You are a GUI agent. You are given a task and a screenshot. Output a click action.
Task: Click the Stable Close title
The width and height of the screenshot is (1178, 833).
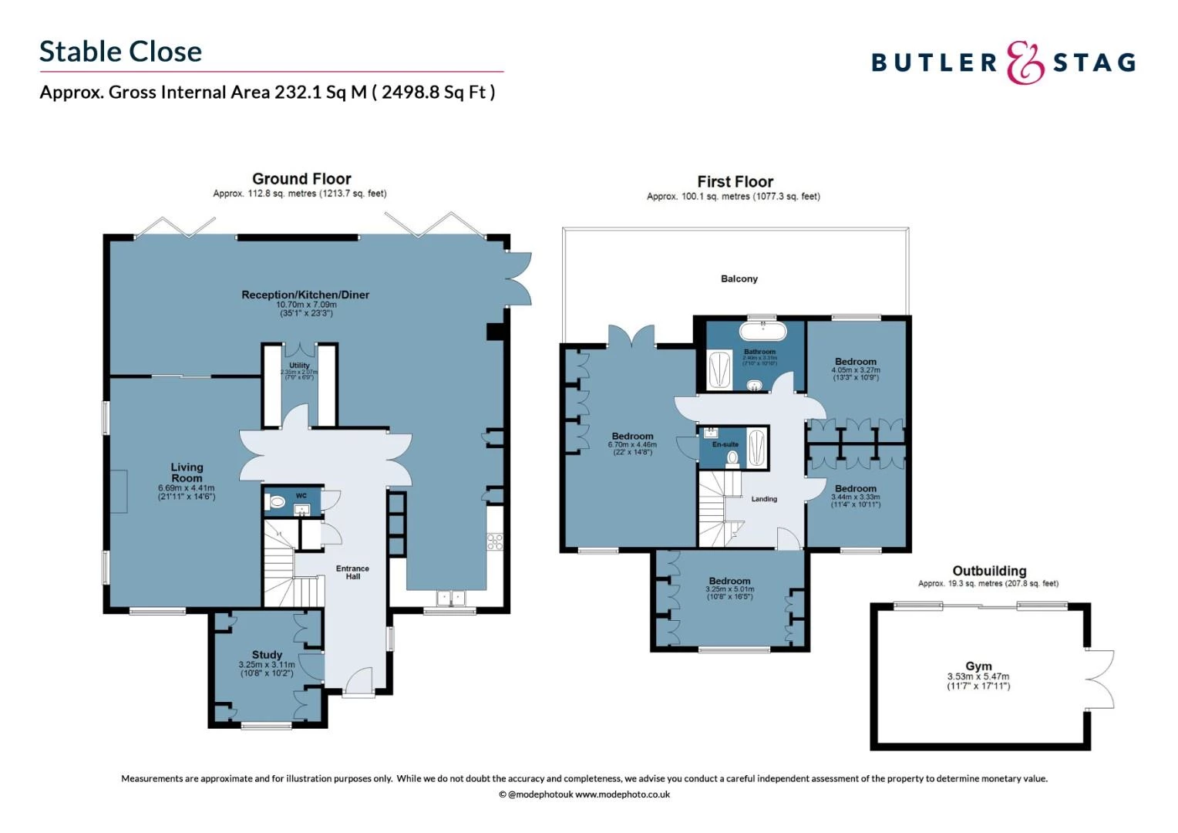tap(120, 52)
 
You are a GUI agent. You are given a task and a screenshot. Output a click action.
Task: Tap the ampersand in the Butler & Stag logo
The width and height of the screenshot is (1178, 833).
tap(1025, 62)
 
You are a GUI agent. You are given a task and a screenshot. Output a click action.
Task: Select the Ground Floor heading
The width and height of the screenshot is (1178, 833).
tap(301, 179)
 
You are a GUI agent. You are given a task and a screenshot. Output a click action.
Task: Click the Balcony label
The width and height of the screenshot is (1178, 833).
tap(739, 278)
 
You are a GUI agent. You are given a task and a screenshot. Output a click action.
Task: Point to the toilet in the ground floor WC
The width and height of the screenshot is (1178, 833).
tap(275, 503)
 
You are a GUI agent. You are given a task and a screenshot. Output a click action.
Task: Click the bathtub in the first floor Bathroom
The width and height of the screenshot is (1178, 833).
tap(762, 332)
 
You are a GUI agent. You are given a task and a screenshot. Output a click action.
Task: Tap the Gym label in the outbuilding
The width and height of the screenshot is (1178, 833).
tap(978, 666)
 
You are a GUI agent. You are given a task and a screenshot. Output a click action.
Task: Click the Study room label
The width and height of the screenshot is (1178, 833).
tap(267, 655)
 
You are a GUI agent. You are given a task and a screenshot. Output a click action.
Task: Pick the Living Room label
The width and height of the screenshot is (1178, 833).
tap(187, 472)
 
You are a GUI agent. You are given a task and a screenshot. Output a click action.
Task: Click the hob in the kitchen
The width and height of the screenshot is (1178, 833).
tap(494, 541)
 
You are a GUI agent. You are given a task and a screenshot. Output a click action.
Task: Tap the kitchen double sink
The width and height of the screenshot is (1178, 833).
tap(451, 598)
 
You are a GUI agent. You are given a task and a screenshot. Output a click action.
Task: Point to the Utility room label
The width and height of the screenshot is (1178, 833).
tap(299, 366)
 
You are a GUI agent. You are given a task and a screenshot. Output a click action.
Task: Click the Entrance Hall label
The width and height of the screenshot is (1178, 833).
tap(352, 572)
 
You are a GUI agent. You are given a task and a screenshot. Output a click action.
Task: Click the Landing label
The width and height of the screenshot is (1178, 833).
tap(764, 499)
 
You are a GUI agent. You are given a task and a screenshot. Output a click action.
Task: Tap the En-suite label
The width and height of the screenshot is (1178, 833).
tap(725, 444)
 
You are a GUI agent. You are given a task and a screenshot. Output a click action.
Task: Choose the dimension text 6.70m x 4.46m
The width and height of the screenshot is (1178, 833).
tap(632, 445)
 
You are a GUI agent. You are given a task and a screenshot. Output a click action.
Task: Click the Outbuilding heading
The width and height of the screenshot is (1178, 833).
tap(989, 571)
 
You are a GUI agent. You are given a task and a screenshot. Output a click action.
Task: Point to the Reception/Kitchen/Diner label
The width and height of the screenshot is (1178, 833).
tap(305, 295)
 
